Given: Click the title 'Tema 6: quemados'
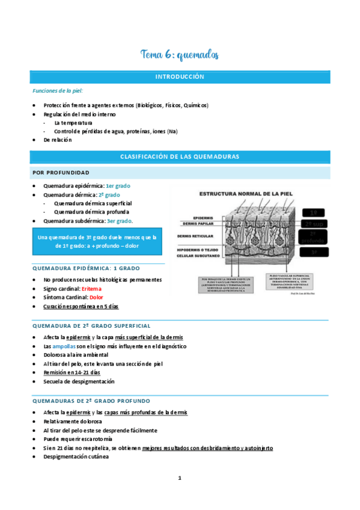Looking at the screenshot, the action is (x=180, y=55).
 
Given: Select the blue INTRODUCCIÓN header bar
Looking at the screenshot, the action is (x=180, y=77).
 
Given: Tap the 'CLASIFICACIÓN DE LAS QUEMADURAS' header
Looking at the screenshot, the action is (x=180, y=156).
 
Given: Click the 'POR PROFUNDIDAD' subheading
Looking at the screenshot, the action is (x=61, y=173).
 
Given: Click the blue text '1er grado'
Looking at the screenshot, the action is (x=118, y=186).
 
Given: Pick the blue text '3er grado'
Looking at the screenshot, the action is (x=120, y=221).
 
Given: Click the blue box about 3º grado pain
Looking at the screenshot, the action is (x=97, y=242).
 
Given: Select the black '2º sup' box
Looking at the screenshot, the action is (x=313, y=224).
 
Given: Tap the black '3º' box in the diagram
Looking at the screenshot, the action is (x=313, y=253).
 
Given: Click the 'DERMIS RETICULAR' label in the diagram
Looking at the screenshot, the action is (x=196, y=236).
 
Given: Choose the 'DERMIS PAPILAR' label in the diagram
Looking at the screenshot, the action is (x=198, y=223).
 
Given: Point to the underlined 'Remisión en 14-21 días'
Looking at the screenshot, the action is (x=70, y=373).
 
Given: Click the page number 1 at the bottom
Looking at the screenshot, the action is (x=180, y=479).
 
